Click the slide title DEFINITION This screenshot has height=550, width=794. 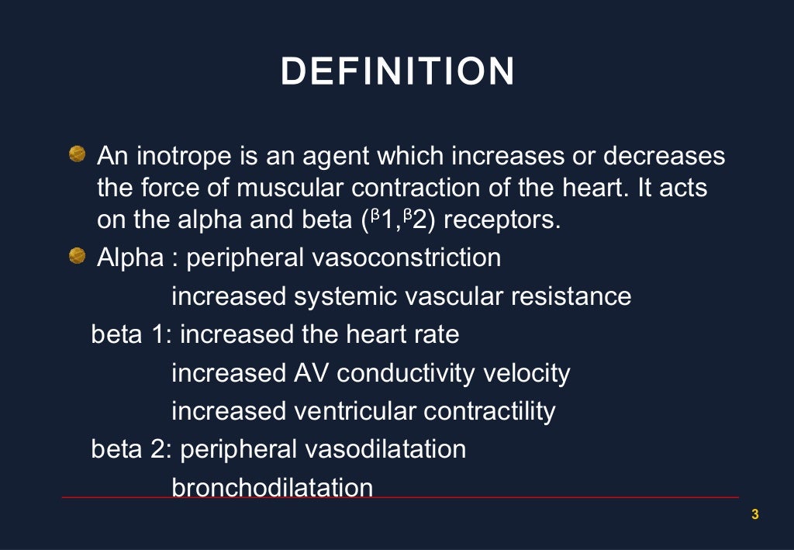(x=397, y=72)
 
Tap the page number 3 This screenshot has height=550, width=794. (x=755, y=514)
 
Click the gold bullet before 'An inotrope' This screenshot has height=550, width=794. (x=76, y=156)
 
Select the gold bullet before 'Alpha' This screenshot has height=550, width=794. (x=76, y=257)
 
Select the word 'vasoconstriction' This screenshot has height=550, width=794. (x=406, y=258)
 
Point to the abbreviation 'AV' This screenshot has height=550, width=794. (x=311, y=373)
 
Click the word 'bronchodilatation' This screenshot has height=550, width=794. (x=271, y=487)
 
